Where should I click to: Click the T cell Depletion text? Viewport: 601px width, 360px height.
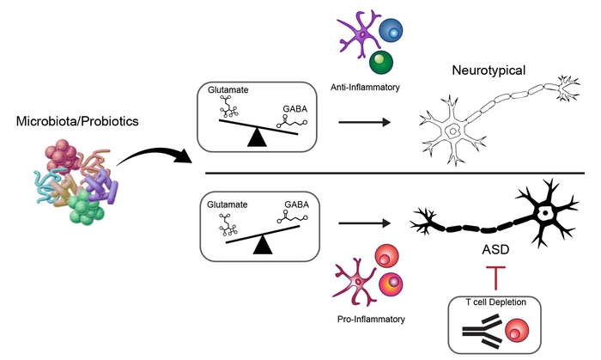click(493, 307)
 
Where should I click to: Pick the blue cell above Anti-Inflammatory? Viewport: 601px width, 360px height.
click(393, 31)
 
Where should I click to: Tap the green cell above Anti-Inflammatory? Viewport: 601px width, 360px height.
click(382, 63)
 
